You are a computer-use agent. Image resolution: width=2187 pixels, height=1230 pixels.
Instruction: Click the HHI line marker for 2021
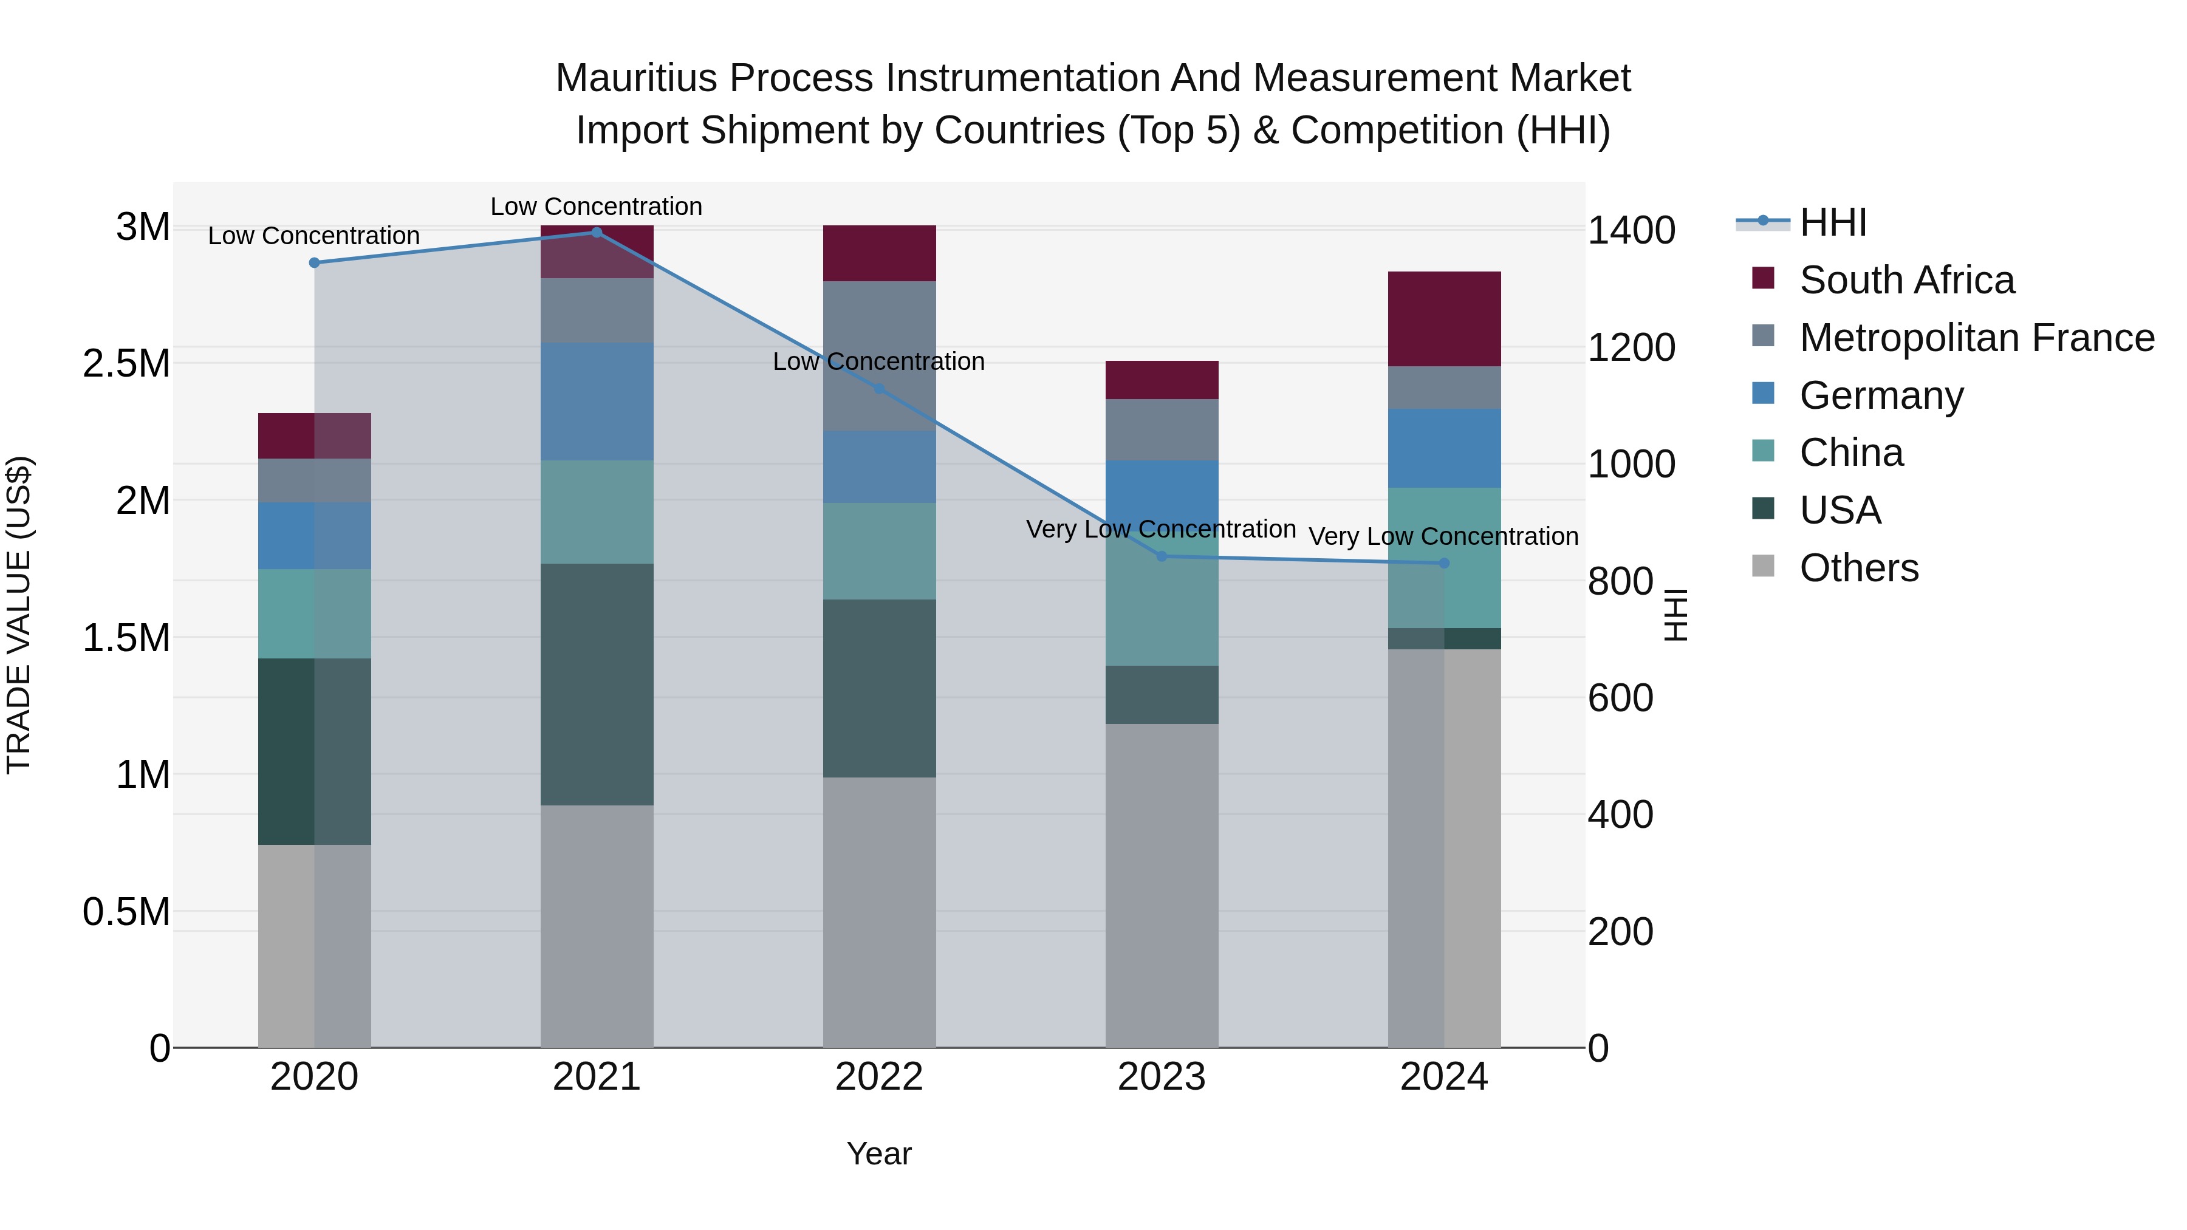596,233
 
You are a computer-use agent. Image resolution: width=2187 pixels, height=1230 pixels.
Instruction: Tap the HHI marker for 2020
314,263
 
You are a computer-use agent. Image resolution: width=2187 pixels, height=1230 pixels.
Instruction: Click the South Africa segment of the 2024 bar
1443,319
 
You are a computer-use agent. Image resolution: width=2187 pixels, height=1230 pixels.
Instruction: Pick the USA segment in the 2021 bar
596,684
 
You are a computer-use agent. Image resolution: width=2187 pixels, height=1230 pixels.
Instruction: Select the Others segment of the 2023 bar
1162,886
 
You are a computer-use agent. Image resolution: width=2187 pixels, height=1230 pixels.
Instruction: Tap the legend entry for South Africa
1906,280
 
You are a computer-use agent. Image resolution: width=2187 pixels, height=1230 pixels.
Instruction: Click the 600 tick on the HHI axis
1620,699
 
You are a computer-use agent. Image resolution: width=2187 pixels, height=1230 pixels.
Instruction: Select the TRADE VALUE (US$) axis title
19,615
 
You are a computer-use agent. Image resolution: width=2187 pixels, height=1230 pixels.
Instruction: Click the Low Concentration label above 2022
878,361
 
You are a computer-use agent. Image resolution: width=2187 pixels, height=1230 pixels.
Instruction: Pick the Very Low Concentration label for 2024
1443,536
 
